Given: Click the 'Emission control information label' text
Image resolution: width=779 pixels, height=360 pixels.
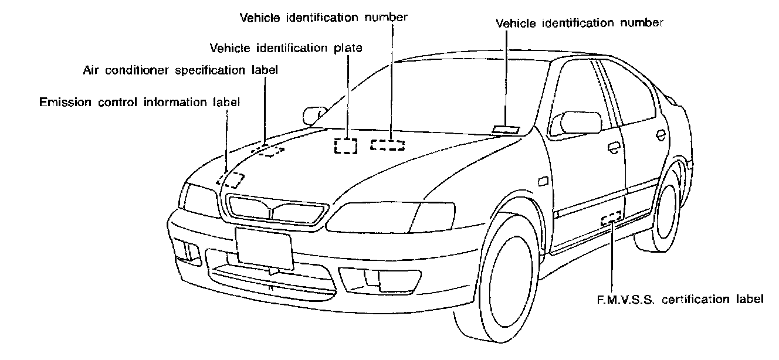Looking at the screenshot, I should tap(140, 102).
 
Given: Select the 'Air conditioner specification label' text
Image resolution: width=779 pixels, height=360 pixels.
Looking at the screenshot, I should tap(180, 70).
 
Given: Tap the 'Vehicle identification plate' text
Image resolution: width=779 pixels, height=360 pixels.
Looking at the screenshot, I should tap(286, 47).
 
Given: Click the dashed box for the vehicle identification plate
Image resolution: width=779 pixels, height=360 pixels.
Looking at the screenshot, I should tap(346, 145).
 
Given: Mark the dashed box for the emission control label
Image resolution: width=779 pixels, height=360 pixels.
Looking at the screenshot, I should tap(231, 179).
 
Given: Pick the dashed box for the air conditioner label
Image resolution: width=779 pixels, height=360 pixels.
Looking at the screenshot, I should tap(268, 150).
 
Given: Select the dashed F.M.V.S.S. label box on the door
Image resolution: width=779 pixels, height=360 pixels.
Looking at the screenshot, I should tap(611, 218).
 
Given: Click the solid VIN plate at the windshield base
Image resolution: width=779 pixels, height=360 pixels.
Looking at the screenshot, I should tap(505, 130).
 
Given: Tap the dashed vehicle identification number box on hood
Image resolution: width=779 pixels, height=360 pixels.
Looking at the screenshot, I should tap(387, 145).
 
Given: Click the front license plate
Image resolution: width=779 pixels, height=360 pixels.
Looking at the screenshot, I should tap(264, 247).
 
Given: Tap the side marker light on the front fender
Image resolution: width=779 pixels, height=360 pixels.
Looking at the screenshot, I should tap(543, 182).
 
